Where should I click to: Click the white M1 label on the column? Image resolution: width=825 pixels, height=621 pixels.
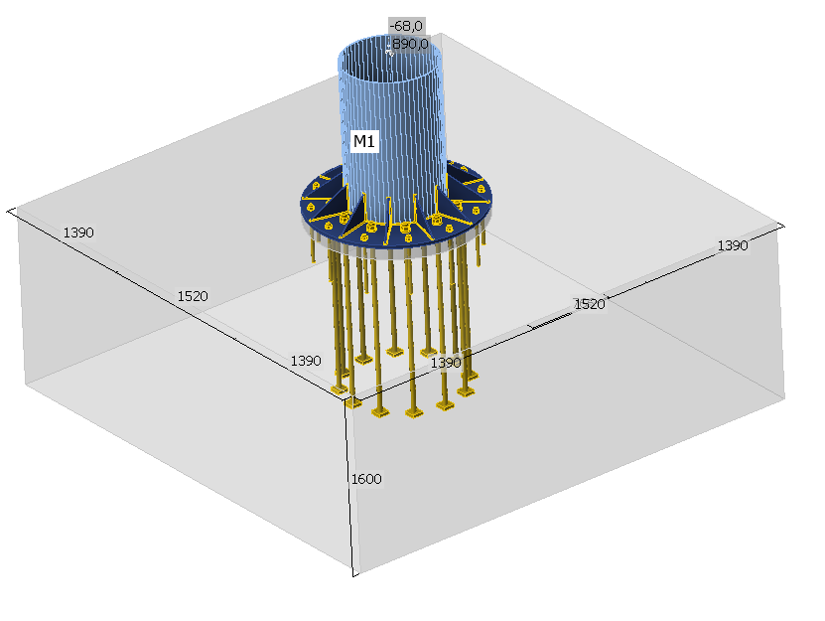(x=364, y=141)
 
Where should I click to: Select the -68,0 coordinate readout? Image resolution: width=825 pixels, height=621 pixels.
(x=406, y=26)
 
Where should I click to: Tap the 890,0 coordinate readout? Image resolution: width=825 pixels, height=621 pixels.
(x=410, y=44)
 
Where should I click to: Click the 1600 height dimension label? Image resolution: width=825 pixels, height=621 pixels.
(x=366, y=479)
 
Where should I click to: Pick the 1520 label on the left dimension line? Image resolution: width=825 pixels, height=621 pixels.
(x=193, y=296)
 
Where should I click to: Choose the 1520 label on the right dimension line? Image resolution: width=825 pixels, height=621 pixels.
(x=590, y=304)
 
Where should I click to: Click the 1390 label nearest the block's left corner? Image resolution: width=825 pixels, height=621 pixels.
(x=78, y=233)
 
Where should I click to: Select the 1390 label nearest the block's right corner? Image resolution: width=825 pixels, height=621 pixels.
(x=733, y=245)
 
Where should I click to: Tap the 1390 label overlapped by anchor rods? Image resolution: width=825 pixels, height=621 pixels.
(x=446, y=363)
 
